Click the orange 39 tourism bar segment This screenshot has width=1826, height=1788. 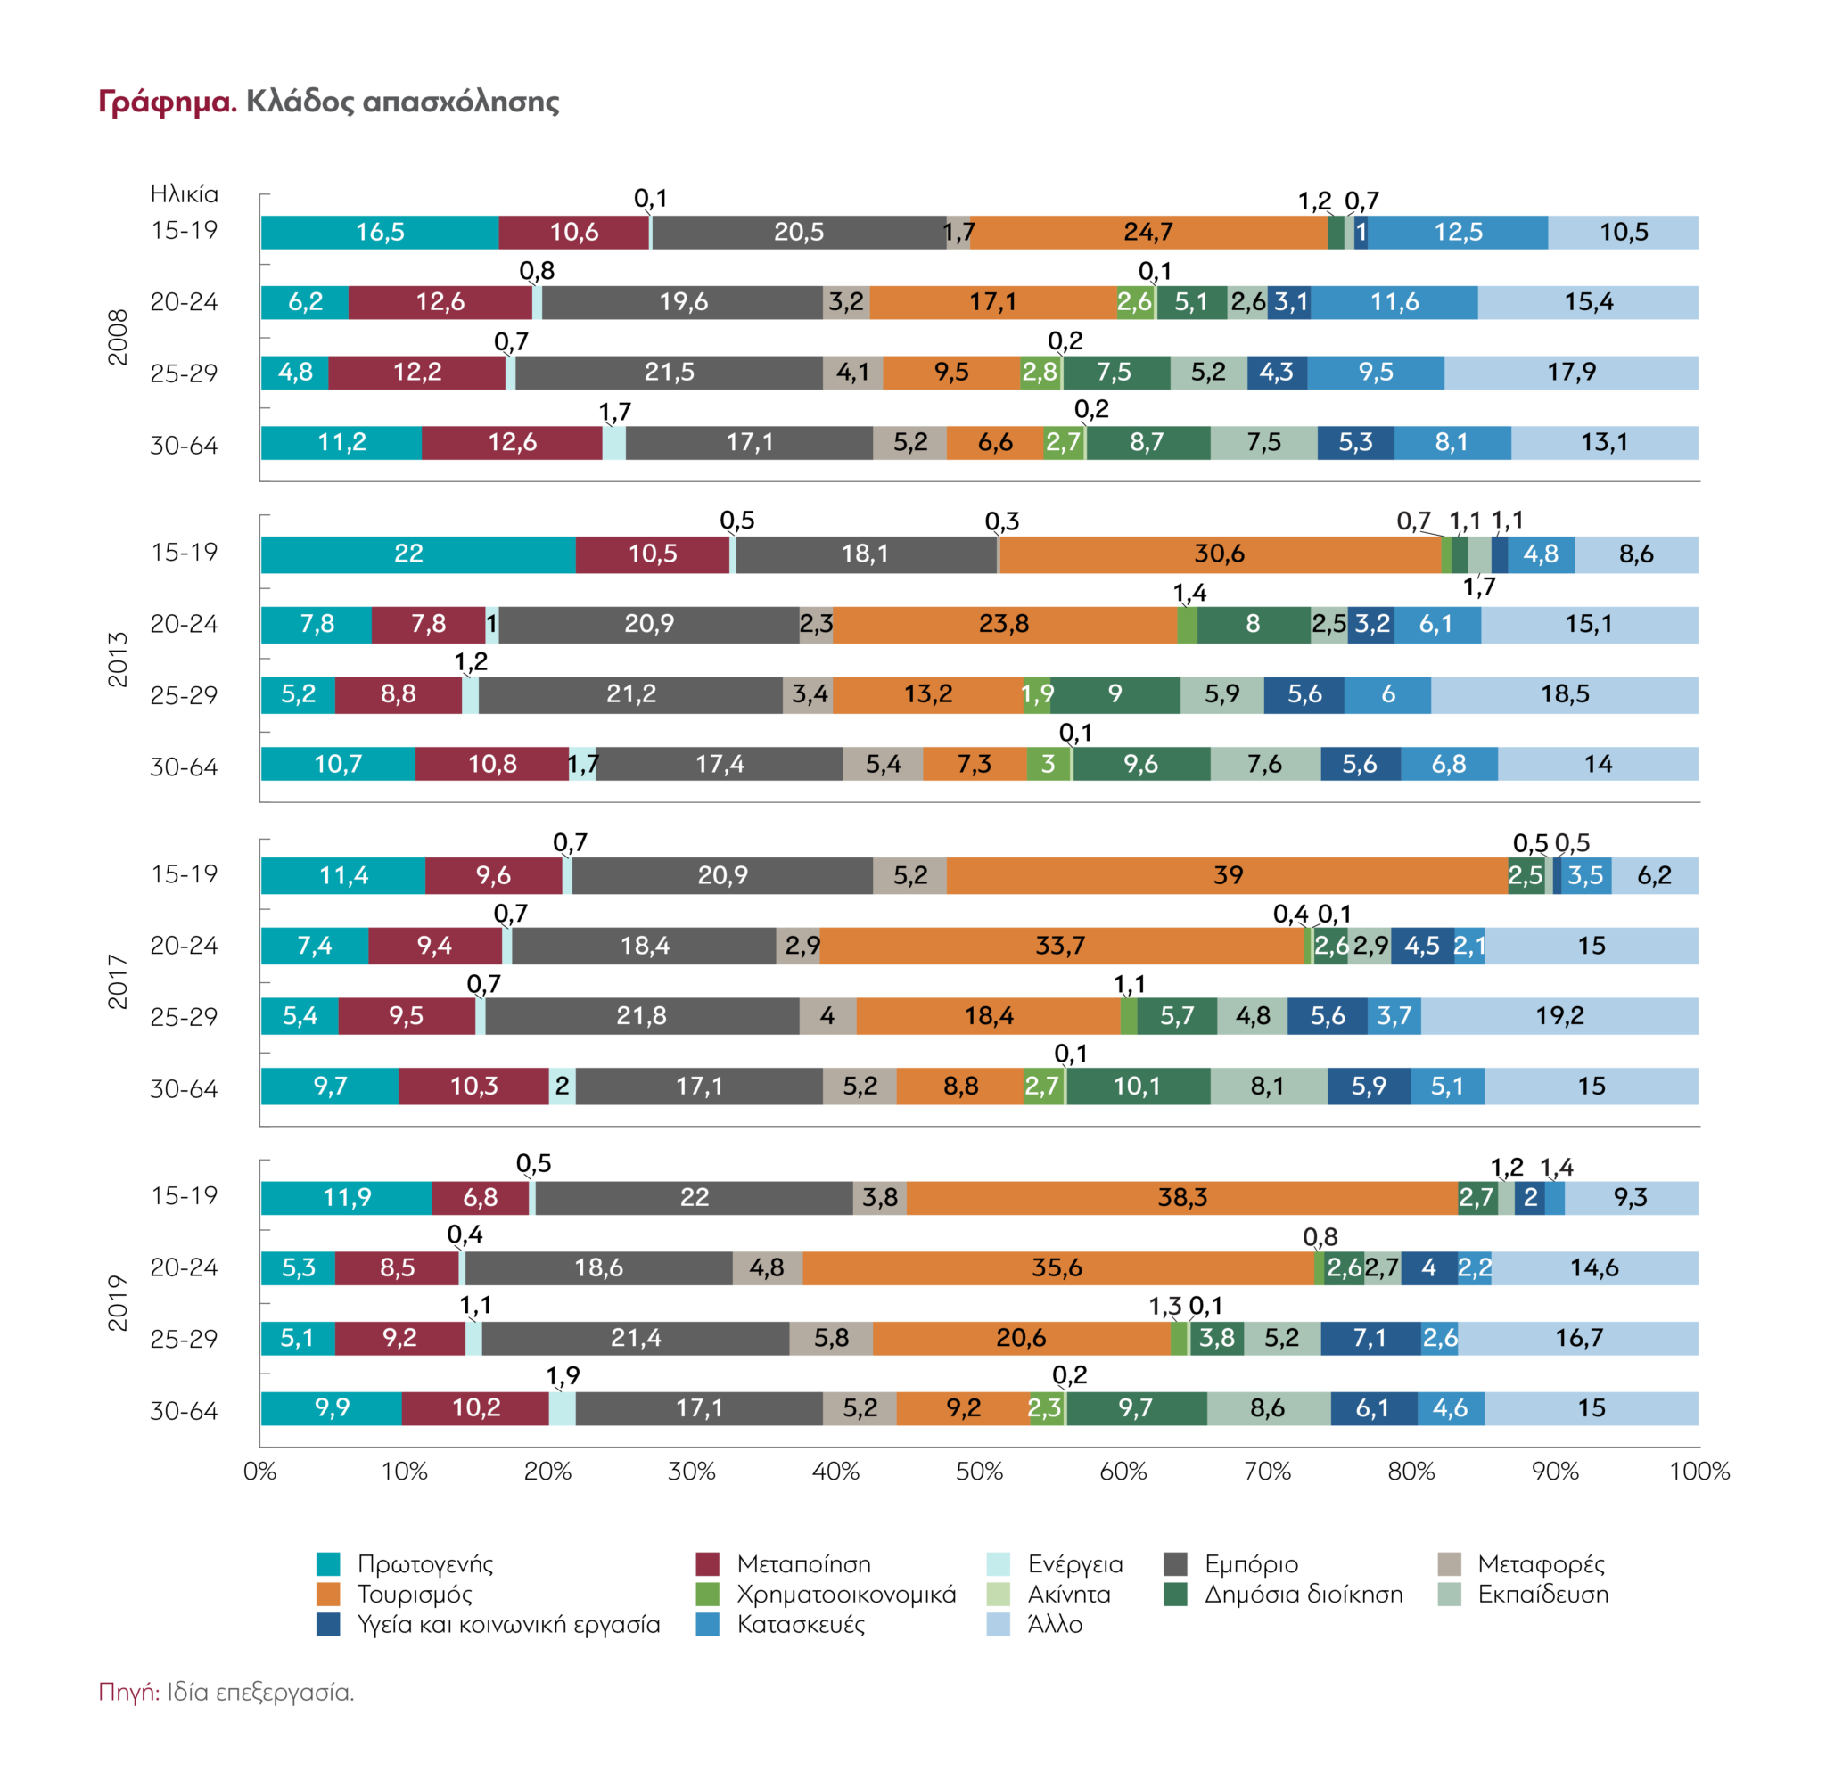point(1227,875)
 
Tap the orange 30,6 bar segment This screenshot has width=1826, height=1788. point(1219,554)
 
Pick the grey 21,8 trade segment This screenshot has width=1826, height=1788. point(642,1016)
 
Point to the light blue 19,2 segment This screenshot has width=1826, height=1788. point(1559,1016)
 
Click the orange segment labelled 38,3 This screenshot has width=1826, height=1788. point(1181,1197)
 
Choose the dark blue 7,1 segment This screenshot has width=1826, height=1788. point(1369,1338)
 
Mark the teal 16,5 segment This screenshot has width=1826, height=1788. point(380,232)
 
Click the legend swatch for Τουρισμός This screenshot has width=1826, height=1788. point(328,1595)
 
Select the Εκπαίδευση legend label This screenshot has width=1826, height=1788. point(1542,1595)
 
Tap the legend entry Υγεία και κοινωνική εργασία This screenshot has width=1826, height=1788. point(508,1625)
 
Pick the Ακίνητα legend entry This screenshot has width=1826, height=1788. point(1069,1595)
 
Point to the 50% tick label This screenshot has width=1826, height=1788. point(979,1472)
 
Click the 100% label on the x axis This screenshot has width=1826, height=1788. point(1699,1472)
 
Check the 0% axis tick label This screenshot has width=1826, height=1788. point(260,1472)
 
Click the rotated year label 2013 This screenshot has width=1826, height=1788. point(118,660)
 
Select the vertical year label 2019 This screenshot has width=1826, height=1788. point(118,1302)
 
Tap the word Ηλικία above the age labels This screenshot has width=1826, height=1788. point(184,194)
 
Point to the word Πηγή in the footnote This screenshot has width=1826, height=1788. point(127,1693)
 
